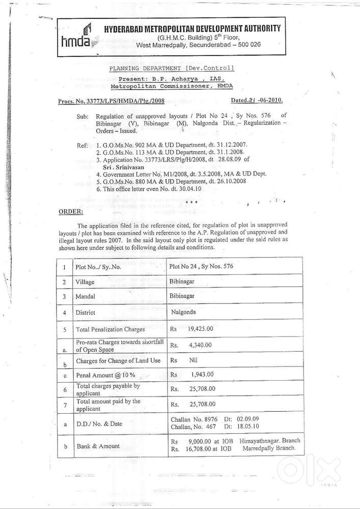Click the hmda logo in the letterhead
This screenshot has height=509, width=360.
point(77,37)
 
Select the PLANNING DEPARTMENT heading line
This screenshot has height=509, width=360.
point(172,68)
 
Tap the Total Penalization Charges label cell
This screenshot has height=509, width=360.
point(110,329)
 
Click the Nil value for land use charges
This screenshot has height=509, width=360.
point(193,360)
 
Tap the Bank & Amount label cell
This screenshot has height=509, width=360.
point(98,446)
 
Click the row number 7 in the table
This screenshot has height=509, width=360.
point(64,405)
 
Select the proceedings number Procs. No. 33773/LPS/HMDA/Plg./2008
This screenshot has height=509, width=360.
point(111,101)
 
